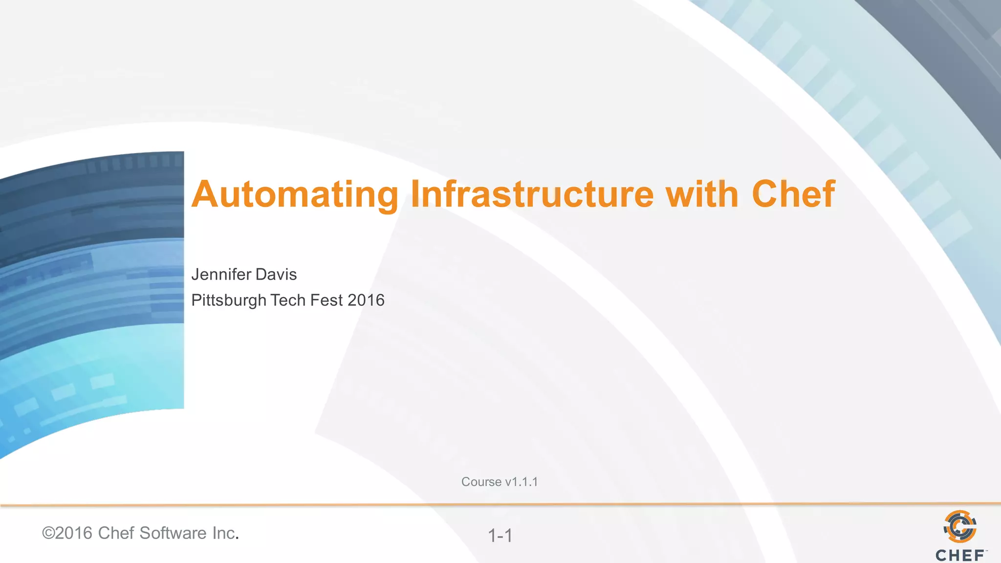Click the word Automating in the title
click(295, 195)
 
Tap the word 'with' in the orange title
click(702, 194)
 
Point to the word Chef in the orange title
click(793, 194)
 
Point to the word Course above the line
click(481, 482)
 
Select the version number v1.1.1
click(522, 482)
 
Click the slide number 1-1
click(500, 536)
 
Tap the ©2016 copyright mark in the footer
click(67, 533)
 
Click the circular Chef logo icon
click(960, 527)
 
